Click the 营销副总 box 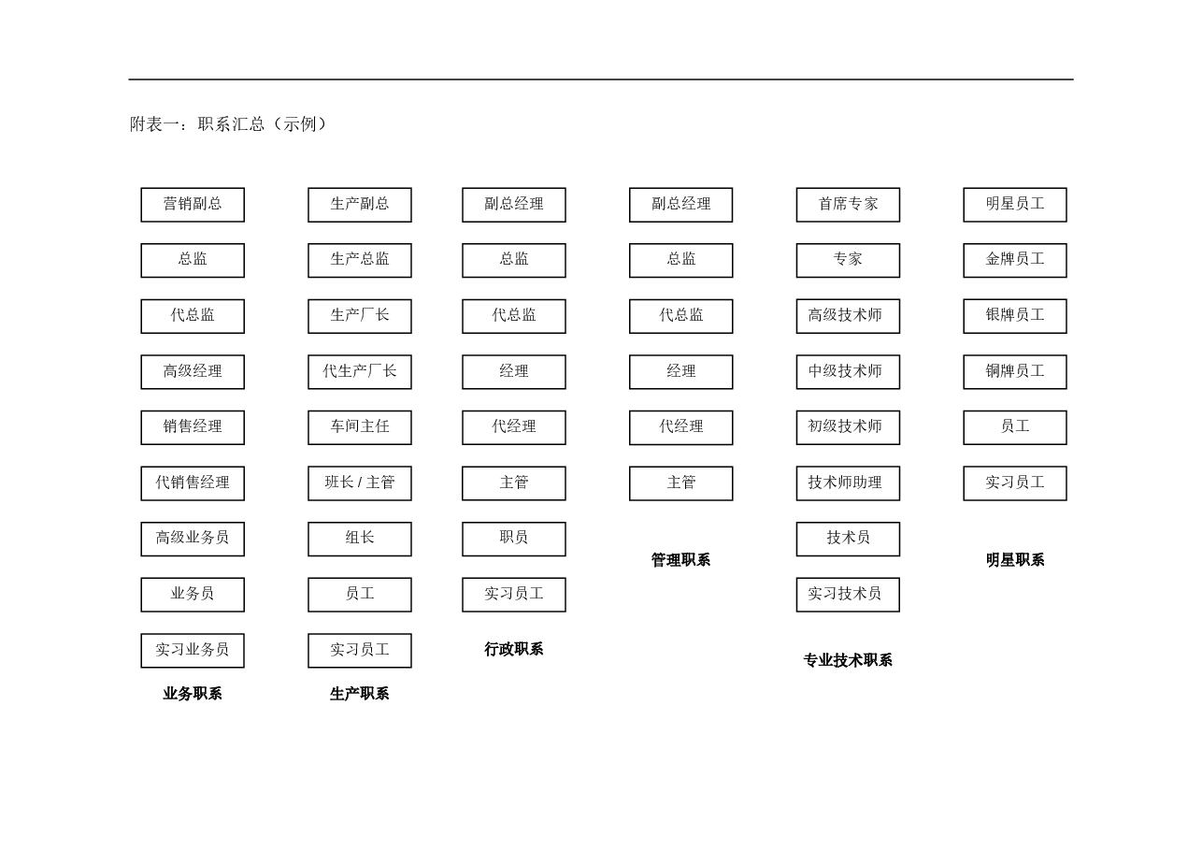click(x=193, y=205)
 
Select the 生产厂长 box click(x=360, y=316)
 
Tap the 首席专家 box click(x=848, y=205)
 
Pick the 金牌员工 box click(x=1015, y=260)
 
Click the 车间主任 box click(x=360, y=427)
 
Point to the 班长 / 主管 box click(x=360, y=483)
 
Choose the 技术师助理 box click(x=848, y=483)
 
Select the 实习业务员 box click(x=193, y=651)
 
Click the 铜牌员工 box click(x=1015, y=371)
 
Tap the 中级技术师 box click(x=848, y=371)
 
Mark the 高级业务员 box click(x=193, y=540)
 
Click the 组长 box click(x=360, y=540)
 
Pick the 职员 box click(x=513, y=540)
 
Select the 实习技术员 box click(x=848, y=595)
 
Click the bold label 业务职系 click(x=193, y=694)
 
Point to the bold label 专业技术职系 click(x=848, y=660)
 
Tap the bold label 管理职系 click(x=681, y=560)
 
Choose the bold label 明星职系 click(x=1015, y=560)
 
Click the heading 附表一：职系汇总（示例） click(x=229, y=124)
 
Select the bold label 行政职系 click(x=513, y=649)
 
